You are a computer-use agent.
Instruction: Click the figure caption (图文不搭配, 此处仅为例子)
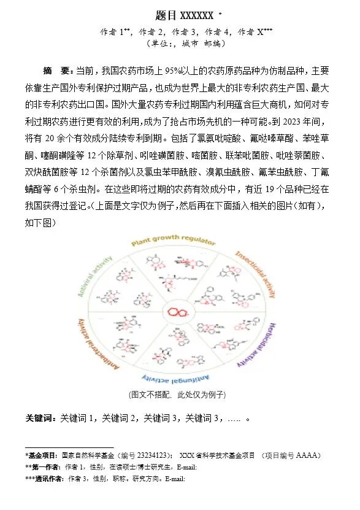coord(177,394)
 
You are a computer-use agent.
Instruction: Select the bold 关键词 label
coord(40,418)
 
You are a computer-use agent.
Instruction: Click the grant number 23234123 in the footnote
coord(150,456)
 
